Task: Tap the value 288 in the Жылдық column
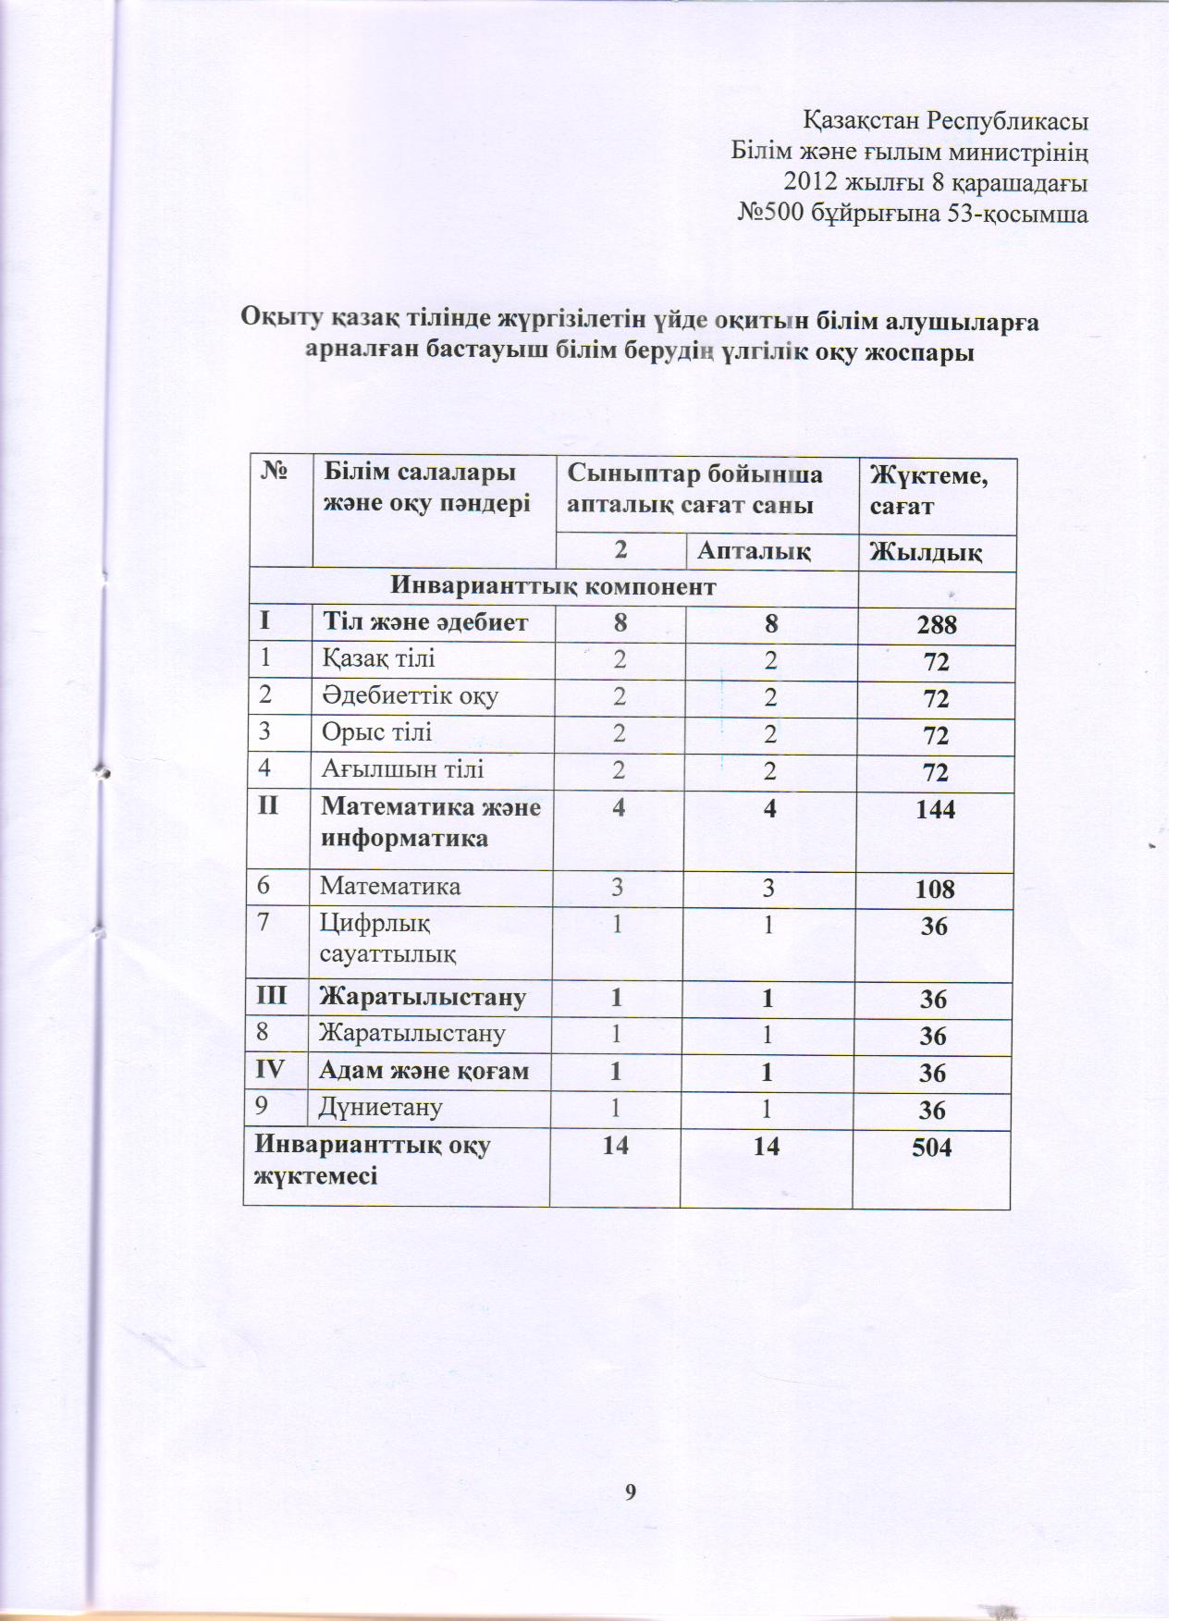(x=937, y=625)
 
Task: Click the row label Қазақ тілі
(x=378, y=658)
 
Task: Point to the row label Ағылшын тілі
(x=402, y=769)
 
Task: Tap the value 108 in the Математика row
(x=935, y=889)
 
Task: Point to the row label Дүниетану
(x=381, y=1107)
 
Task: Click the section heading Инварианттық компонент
(x=553, y=586)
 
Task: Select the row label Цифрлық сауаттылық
(x=387, y=938)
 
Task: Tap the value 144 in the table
(x=936, y=809)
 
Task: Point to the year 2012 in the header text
(x=809, y=182)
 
